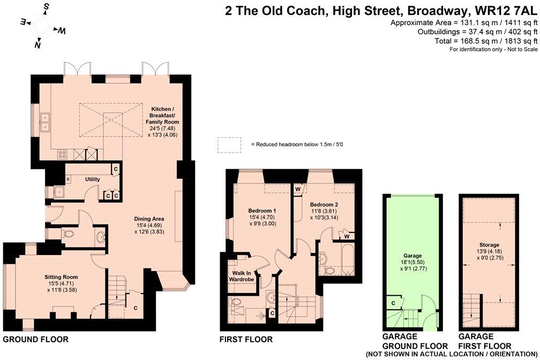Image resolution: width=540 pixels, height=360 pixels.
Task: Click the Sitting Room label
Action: [x=61, y=277]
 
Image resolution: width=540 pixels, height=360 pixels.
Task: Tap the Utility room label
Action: [x=92, y=179]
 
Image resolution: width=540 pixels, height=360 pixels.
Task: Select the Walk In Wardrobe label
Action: [x=242, y=276]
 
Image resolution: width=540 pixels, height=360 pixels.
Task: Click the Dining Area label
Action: [x=149, y=219]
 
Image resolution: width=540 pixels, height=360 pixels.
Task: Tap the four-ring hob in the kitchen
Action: [x=62, y=154]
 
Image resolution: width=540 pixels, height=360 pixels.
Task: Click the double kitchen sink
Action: [x=45, y=123]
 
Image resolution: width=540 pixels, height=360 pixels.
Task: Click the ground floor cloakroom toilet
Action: [x=68, y=234]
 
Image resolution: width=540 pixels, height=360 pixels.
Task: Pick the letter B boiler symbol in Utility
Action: [x=68, y=179]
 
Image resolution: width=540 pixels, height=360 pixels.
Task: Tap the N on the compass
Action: [x=38, y=44]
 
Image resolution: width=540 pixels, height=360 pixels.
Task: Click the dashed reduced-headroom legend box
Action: [x=229, y=145]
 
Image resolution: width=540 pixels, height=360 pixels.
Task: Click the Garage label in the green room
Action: [x=412, y=256]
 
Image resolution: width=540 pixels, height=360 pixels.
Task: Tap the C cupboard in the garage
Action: [x=393, y=303]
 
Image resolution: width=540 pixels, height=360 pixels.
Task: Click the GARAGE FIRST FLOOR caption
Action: [x=485, y=341]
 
